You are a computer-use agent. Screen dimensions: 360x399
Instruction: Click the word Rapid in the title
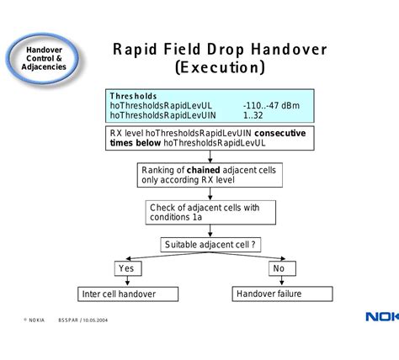136,50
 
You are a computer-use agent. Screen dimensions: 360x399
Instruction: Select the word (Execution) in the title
220,67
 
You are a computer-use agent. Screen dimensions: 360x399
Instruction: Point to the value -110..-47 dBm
272,106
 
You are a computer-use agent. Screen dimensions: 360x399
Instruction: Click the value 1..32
254,116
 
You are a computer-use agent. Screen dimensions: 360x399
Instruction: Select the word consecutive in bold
280,133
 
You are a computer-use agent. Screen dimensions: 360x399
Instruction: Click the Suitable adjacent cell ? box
210,245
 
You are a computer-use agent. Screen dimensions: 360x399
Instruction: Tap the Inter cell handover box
129,294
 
